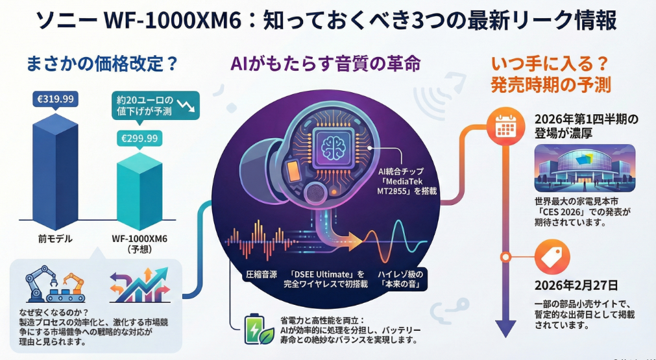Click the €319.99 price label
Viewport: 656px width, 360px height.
55,99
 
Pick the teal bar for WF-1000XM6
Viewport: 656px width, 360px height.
138,191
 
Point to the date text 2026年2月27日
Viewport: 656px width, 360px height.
572,286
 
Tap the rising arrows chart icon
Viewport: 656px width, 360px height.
139,284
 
